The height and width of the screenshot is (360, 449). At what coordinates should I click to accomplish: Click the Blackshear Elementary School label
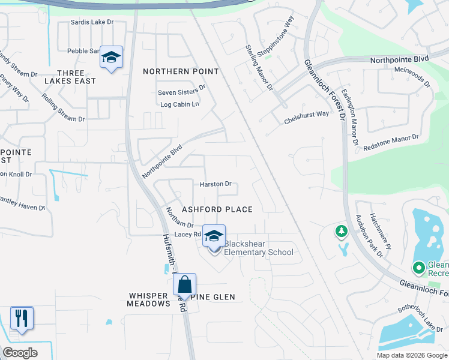coord(258,248)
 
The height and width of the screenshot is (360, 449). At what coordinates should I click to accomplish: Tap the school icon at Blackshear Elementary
coord(214,236)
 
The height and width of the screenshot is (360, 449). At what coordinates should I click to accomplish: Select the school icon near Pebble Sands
coord(111,58)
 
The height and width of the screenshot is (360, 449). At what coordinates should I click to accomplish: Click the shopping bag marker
coord(184,285)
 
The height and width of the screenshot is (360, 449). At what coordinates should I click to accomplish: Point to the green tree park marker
coord(342,230)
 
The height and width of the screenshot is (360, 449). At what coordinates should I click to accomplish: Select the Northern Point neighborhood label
coord(181,71)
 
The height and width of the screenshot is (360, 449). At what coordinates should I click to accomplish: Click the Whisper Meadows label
coord(149,300)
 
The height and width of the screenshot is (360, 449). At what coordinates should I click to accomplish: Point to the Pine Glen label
coord(214,297)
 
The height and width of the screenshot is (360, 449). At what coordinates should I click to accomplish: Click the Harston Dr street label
coord(215,184)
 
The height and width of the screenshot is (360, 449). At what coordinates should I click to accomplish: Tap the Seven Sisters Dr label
coord(182,90)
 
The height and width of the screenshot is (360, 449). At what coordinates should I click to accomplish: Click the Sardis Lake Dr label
coord(92,22)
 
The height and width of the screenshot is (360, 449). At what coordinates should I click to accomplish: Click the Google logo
coord(20,353)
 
